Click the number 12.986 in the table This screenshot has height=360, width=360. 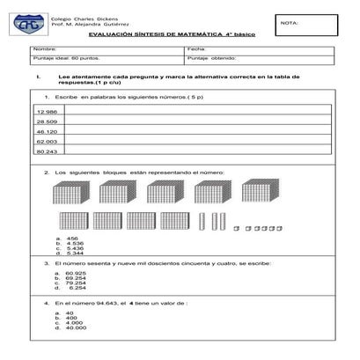(47, 113)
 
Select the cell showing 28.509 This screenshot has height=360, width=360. (47, 121)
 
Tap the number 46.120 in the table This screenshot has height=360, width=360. (47, 131)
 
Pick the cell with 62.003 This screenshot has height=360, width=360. (47, 141)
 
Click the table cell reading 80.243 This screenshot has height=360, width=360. (47, 151)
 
